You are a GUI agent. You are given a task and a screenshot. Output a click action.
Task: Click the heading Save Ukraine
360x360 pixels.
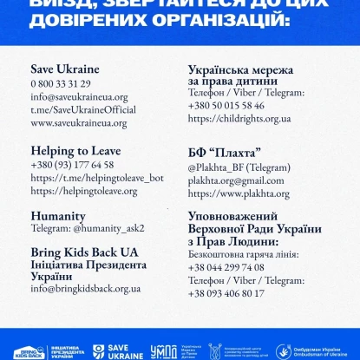(x=65, y=69)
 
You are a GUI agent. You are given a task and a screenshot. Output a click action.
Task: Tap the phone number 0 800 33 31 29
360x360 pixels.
(x=61, y=83)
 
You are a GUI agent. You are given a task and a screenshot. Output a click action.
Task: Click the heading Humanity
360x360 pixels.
(x=57, y=215)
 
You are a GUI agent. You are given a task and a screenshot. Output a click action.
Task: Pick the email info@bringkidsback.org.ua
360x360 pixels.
(x=85, y=288)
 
